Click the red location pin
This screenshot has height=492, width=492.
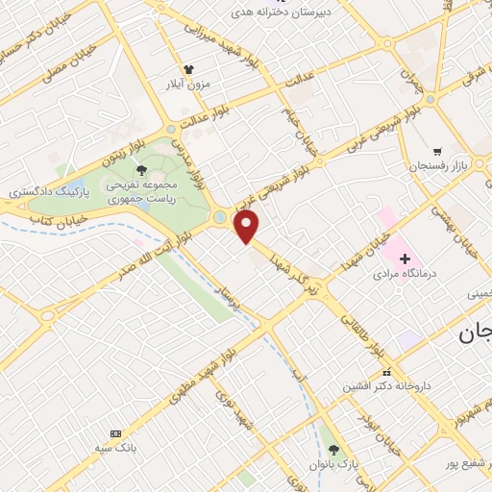click(x=247, y=226)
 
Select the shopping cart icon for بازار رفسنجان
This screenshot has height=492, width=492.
click(x=438, y=152)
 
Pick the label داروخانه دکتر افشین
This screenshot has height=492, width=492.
click(x=386, y=385)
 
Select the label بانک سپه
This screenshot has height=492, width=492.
click(x=117, y=448)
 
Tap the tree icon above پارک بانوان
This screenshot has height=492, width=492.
click(x=333, y=449)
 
